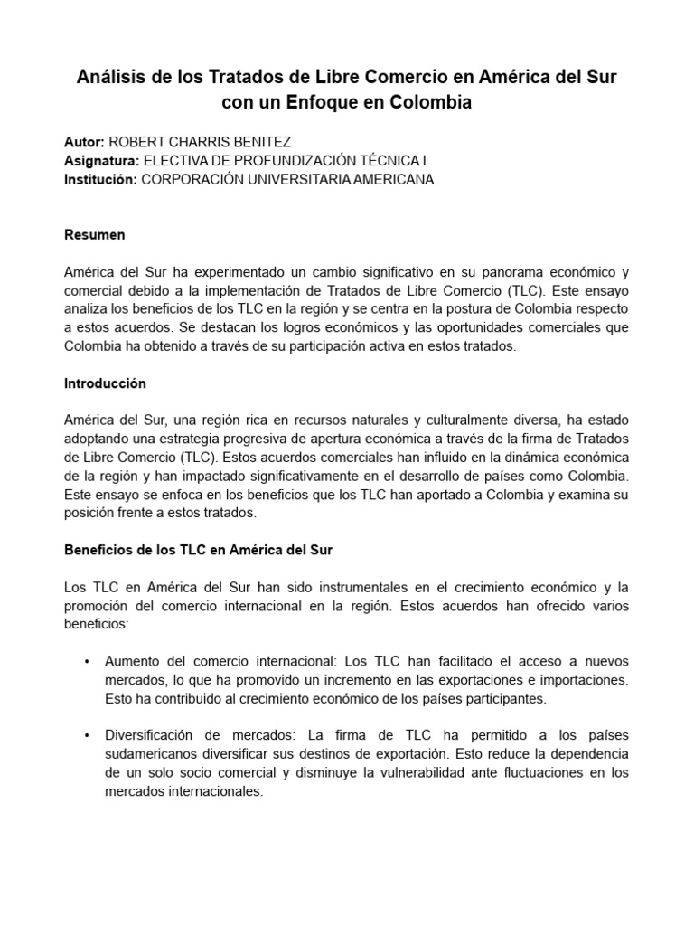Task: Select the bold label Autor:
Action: point(85,142)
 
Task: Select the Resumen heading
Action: point(95,235)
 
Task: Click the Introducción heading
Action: point(105,383)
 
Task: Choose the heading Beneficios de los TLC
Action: point(199,550)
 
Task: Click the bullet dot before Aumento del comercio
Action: point(86,662)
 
